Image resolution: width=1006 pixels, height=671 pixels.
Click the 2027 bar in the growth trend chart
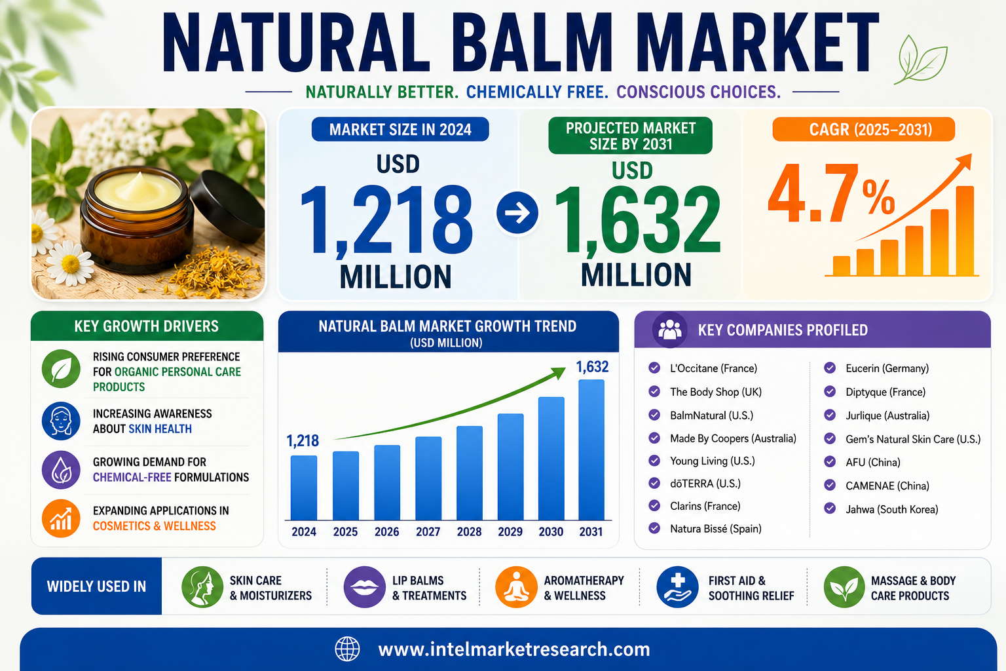(x=428, y=478)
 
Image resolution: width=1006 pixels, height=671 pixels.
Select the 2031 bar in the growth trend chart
(x=591, y=450)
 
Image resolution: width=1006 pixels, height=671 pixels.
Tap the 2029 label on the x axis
(x=510, y=531)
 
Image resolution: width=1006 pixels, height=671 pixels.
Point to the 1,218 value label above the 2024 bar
(x=303, y=441)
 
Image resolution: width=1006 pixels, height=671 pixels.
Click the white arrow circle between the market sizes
(x=517, y=212)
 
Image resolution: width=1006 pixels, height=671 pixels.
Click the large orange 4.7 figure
(x=813, y=193)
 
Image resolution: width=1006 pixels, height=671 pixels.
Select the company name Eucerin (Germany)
(x=887, y=368)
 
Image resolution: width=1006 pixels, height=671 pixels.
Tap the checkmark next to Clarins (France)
(x=654, y=506)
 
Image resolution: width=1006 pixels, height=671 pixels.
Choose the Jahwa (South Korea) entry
(x=891, y=509)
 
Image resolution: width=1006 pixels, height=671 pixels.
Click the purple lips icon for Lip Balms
(x=364, y=587)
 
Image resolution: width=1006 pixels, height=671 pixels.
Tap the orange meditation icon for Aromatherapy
(x=516, y=587)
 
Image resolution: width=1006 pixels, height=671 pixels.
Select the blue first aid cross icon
(x=677, y=587)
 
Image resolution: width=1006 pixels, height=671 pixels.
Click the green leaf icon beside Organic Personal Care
(x=61, y=369)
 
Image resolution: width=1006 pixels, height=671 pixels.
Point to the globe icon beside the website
(x=347, y=649)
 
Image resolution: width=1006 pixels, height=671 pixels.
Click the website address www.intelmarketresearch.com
(x=513, y=649)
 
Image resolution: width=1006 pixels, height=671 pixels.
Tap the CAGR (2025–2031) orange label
(x=863, y=130)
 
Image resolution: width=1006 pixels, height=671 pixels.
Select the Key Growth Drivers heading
(x=147, y=326)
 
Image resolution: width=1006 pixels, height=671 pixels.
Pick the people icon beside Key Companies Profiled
(x=669, y=330)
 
